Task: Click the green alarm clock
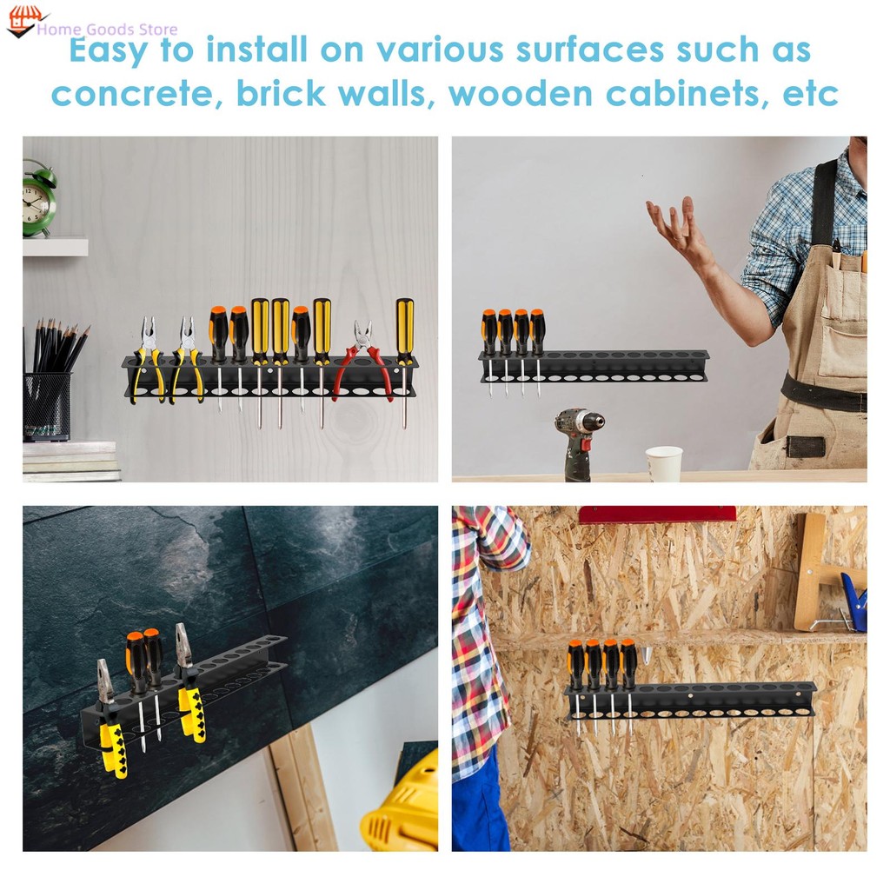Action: pyautogui.click(x=38, y=199)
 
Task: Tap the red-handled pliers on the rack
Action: pyautogui.click(x=364, y=363)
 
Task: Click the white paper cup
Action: pyautogui.click(x=663, y=464)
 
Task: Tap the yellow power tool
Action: pyautogui.click(x=402, y=806)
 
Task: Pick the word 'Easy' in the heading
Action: pyautogui.click(x=109, y=50)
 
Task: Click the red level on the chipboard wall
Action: pyautogui.click(x=657, y=515)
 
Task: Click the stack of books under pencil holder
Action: pyautogui.click(x=70, y=462)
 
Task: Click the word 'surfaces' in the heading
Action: pyautogui.click(x=589, y=50)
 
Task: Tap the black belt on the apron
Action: pyautogui.click(x=824, y=392)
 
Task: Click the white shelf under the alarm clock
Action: pyautogui.click(x=55, y=246)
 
